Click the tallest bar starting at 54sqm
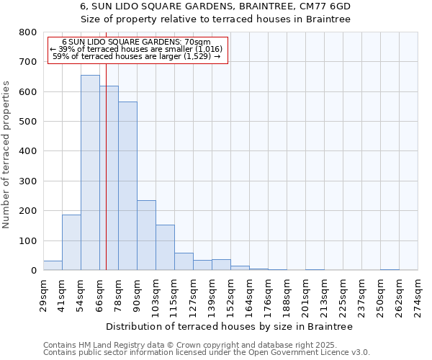90,173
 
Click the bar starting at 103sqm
165,248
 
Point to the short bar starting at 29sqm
53,266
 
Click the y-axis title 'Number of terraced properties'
7,154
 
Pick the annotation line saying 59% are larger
137,56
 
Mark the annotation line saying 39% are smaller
137,49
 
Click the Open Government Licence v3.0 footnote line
207,353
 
